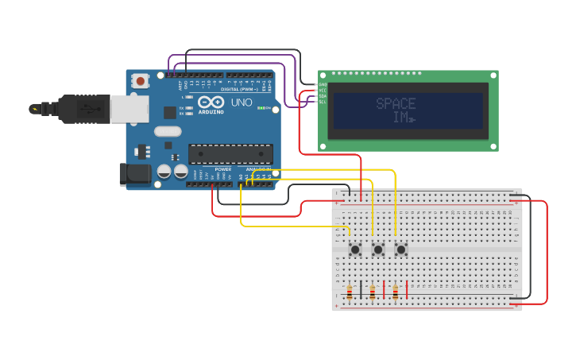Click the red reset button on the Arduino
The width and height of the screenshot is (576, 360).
[141, 80]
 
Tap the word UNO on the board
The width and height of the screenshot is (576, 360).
[241, 103]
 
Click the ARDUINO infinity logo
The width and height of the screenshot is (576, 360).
[211, 103]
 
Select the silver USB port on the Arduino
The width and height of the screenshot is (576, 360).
[129, 110]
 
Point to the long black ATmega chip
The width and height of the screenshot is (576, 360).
[230, 154]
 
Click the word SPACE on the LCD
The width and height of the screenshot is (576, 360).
[396, 104]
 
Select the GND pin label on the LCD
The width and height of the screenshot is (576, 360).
[323, 84]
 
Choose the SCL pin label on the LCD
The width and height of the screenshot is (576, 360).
[323, 103]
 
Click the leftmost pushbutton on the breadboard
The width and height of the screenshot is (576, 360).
[354, 250]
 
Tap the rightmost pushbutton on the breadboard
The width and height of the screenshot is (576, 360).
[400, 250]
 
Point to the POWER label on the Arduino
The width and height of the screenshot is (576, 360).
[223, 169]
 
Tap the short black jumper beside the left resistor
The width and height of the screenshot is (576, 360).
[361, 290]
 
